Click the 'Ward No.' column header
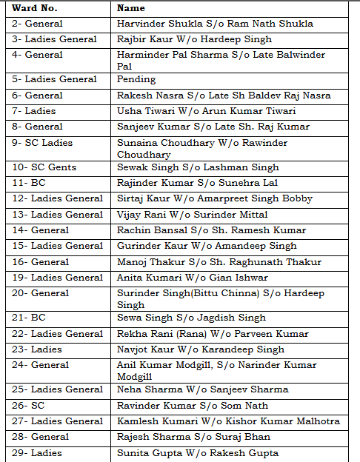pyautogui.click(x=35, y=9)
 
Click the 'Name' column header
pyautogui.click(x=131, y=9)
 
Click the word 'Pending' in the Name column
pyautogui.click(x=136, y=79)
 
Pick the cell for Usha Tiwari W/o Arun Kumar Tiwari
pyautogui.click(x=207, y=111)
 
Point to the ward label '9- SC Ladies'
pyautogui.click(x=43, y=142)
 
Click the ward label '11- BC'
pyautogui.click(x=30, y=183)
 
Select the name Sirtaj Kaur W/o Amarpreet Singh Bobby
pyautogui.click(x=215, y=198)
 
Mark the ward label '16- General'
pyautogui.click(x=41, y=261)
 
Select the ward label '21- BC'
pyautogui.click(x=30, y=318)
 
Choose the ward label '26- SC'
pyautogui.click(x=30, y=405)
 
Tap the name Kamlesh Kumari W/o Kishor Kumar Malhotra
pyautogui.click(x=228, y=421)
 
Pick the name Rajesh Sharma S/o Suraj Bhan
pyautogui.click(x=192, y=437)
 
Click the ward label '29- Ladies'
pyautogui.click(x=38, y=452)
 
